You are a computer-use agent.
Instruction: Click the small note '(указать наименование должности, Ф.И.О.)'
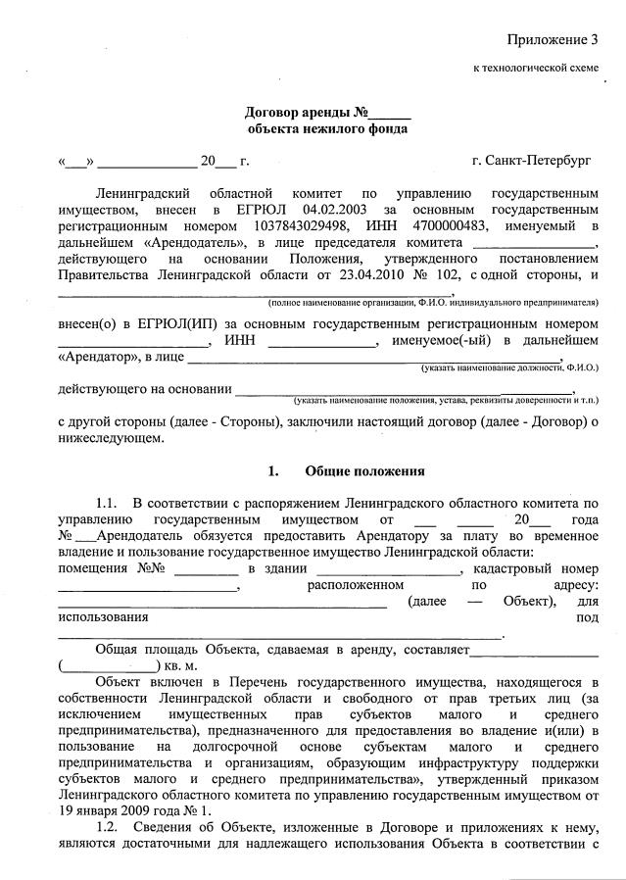click(509, 367)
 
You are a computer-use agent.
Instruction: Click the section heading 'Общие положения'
click(364, 470)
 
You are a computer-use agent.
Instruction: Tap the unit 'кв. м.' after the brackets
click(180, 665)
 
